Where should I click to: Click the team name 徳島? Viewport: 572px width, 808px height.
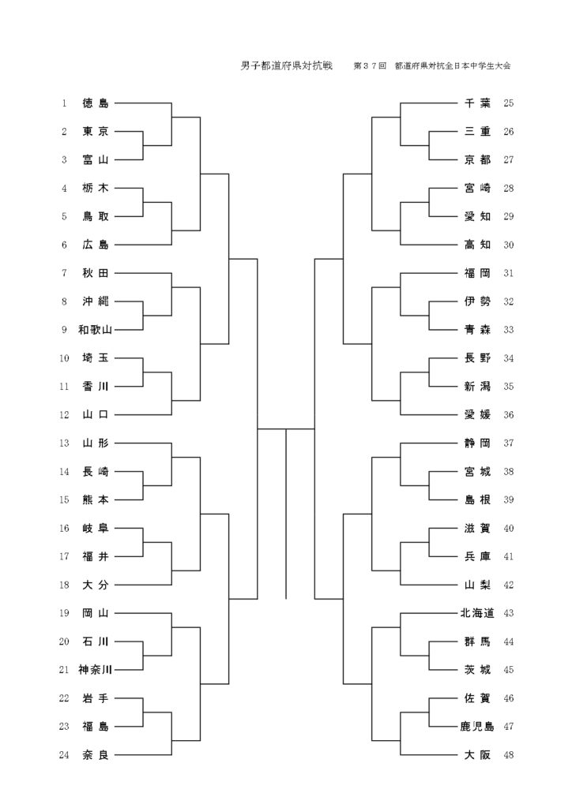pyautogui.click(x=96, y=103)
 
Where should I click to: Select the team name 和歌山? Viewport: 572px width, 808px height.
pyautogui.click(x=96, y=330)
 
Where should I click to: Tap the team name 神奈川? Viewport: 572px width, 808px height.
pyautogui.click(x=96, y=670)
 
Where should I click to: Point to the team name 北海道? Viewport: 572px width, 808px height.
pyautogui.click(x=477, y=613)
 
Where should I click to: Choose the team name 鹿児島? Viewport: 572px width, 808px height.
pyautogui.click(x=477, y=727)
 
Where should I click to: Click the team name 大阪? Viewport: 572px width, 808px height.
pyautogui.click(x=477, y=755)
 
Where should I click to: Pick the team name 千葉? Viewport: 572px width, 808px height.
pyautogui.click(x=477, y=103)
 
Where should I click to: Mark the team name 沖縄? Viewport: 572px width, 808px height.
pyautogui.click(x=96, y=301)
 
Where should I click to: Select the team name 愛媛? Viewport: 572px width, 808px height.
pyautogui.click(x=477, y=415)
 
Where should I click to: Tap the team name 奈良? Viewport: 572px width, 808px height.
pyautogui.click(x=96, y=755)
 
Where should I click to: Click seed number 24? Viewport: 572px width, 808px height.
pyautogui.click(x=64, y=755)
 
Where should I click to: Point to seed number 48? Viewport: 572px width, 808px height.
pyautogui.click(x=508, y=755)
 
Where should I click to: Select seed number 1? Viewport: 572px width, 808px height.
pyautogui.click(x=64, y=103)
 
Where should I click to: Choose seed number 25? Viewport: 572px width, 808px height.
pyautogui.click(x=508, y=103)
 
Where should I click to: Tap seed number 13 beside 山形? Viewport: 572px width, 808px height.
pyautogui.click(x=64, y=443)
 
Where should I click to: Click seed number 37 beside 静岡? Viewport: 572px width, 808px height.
pyautogui.click(x=508, y=443)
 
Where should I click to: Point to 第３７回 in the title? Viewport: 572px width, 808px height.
pyautogui.click(x=370, y=66)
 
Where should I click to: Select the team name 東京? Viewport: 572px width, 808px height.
pyautogui.click(x=96, y=132)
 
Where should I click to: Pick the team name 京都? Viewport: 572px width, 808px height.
pyautogui.click(x=477, y=160)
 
